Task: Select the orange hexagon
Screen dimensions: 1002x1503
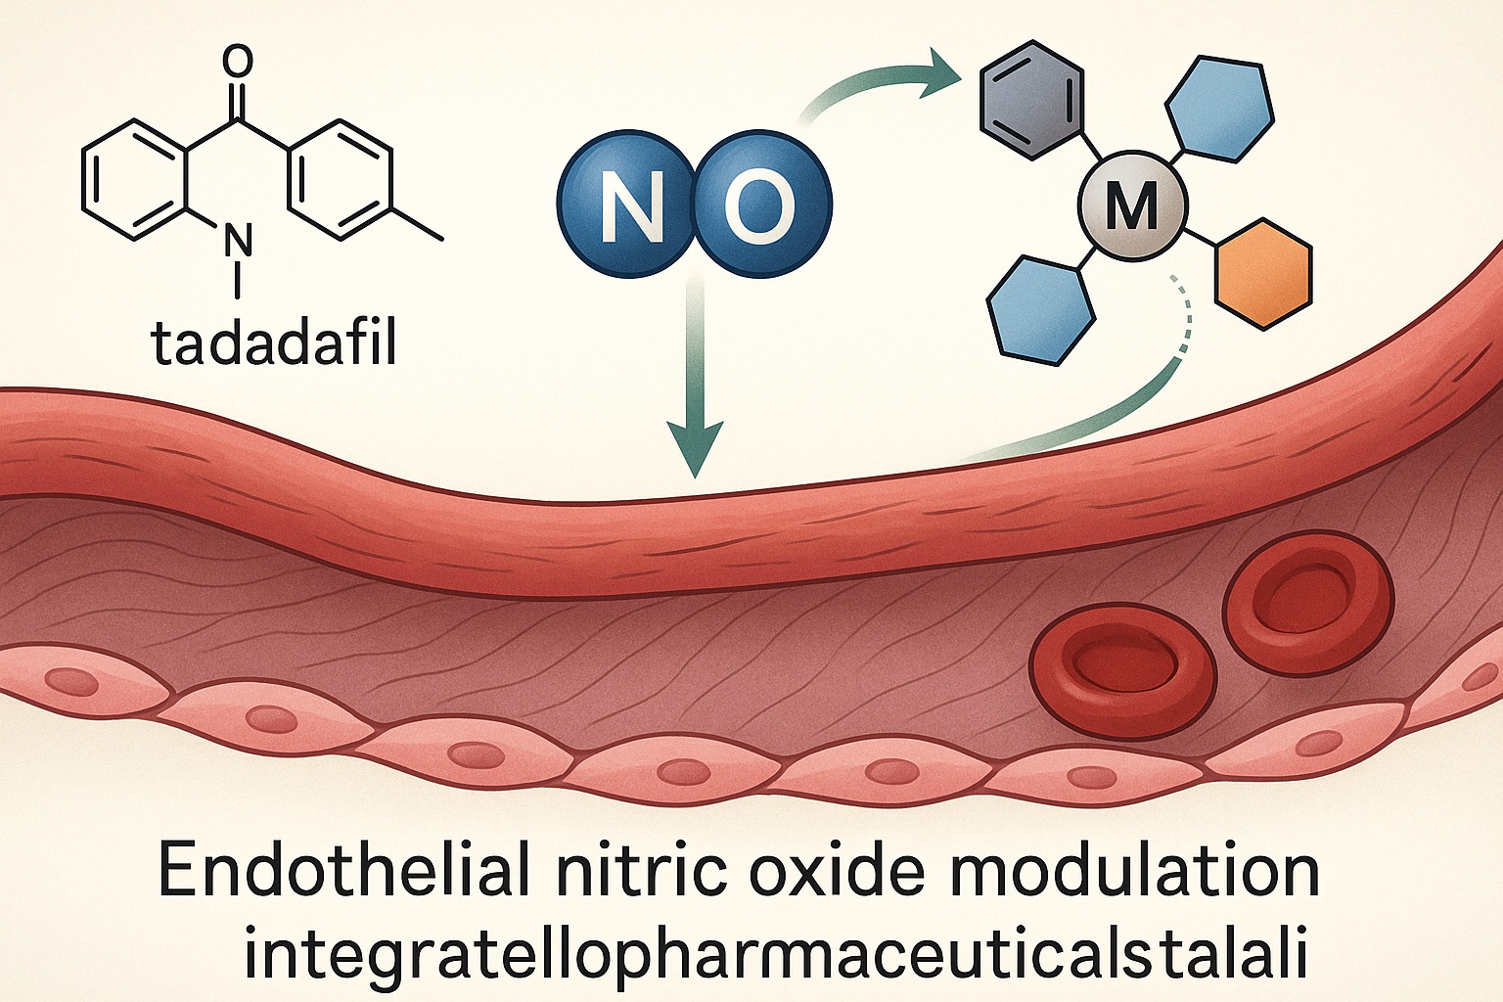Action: pos(1262,274)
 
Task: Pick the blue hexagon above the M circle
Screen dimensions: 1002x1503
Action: pos(1221,109)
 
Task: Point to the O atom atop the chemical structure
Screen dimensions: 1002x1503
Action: pos(237,61)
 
